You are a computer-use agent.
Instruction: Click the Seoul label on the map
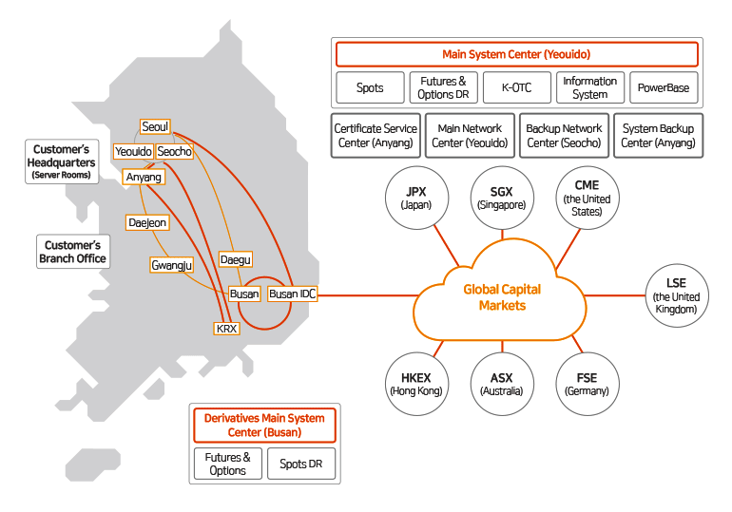[155, 127]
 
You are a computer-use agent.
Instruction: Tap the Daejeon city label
[146, 222]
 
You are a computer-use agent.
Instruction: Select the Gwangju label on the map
[172, 265]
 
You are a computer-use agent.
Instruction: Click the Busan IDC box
[292, 294]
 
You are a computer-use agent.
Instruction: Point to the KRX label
[227, 329]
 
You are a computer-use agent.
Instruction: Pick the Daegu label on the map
[235, 259]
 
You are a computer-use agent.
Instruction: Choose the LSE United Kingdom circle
[676, 295]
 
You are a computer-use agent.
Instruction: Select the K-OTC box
[516, 88]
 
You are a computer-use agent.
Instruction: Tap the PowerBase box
[664, 88]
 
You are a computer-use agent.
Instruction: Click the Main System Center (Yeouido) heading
[516, 54]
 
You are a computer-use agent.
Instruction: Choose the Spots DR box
[300, 464]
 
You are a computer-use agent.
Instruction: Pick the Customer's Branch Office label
[72, 252]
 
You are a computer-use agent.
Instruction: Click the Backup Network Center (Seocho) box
[564, 136]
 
